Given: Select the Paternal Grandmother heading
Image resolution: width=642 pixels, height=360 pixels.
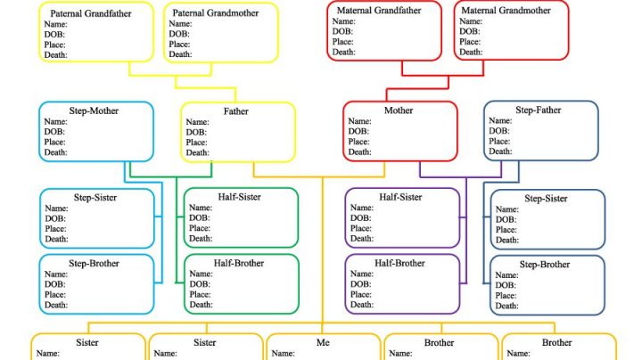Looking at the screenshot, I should pyautogui.click(x=215, y=14).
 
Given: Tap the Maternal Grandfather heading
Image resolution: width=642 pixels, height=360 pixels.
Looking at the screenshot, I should pyautogui.click(x=378, y=10).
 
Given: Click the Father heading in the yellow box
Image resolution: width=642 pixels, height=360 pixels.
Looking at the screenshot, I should pyautogui.click(x=236, y=111).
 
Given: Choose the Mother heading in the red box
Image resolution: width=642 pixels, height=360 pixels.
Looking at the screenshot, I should pyautogui.click(x=399, y=110).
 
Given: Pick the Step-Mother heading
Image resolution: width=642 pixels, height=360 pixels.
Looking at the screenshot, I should pyautogui.click(x=92, y=110).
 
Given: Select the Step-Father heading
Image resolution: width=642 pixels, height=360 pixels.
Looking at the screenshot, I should pyautogui.click(x=538, y=110).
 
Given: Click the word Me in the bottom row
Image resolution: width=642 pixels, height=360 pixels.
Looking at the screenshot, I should pyautogui.click(x=323, y=343).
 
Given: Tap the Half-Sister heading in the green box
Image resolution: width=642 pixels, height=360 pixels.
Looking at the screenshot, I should pyautogui.click(x=239, y=197).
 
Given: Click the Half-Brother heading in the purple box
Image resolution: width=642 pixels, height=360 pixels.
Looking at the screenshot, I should pyautogui.click(x=399, y=263).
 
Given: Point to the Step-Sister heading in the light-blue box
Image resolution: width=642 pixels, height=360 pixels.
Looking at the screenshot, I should pyautogui.click(x=94, y=197).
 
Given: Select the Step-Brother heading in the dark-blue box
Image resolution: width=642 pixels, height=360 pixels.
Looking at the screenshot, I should pyautogui.click(x=544, y=265).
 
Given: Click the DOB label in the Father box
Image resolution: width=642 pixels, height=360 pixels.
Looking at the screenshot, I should pyautogui.click(x=196, y=132).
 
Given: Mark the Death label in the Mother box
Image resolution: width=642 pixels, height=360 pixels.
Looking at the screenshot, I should pyautogui.click(x=359, y=152).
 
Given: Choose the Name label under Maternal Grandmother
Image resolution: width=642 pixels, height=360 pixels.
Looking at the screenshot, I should pyautogui.click(x=470, y=20).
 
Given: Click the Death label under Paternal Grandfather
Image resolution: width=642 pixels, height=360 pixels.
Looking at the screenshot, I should pyautogui.click(x=56, y=55).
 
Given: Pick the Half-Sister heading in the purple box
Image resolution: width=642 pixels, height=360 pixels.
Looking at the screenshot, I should pyautogui.click(x=400, y=197).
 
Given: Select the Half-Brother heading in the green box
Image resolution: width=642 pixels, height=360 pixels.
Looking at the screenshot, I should pyautogui.click(x=239, y=263).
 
